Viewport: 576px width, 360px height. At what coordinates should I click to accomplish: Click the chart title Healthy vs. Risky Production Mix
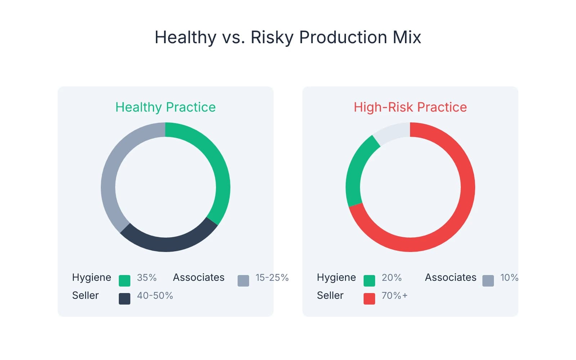[288, 37]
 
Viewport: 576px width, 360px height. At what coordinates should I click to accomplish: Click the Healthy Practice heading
[165, 107]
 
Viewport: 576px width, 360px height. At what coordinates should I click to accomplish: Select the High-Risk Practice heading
[410, 107]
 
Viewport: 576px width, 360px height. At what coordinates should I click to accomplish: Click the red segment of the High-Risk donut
[464, 202]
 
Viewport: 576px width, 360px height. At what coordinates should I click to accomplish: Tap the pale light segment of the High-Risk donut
[391, 131]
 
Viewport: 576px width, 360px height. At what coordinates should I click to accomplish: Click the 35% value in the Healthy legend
[147, 278]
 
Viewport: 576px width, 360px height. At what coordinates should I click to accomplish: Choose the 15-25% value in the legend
[272, 278]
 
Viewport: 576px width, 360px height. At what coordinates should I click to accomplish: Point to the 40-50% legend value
[155, 296]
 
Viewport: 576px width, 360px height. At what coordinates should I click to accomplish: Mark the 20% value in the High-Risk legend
[391, 278]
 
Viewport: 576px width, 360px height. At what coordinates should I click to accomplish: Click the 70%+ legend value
[395, 296]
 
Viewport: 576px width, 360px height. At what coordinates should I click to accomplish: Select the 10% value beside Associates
[509, 278]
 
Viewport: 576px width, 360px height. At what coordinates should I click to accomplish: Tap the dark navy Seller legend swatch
[125, 299]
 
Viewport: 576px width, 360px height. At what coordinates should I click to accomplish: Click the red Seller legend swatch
[369, 299]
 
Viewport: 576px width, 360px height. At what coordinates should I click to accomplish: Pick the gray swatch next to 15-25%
[243, 281]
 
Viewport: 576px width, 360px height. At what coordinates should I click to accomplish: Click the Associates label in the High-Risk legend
[450, 278]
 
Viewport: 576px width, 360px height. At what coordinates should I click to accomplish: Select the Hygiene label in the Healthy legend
[91, 278]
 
